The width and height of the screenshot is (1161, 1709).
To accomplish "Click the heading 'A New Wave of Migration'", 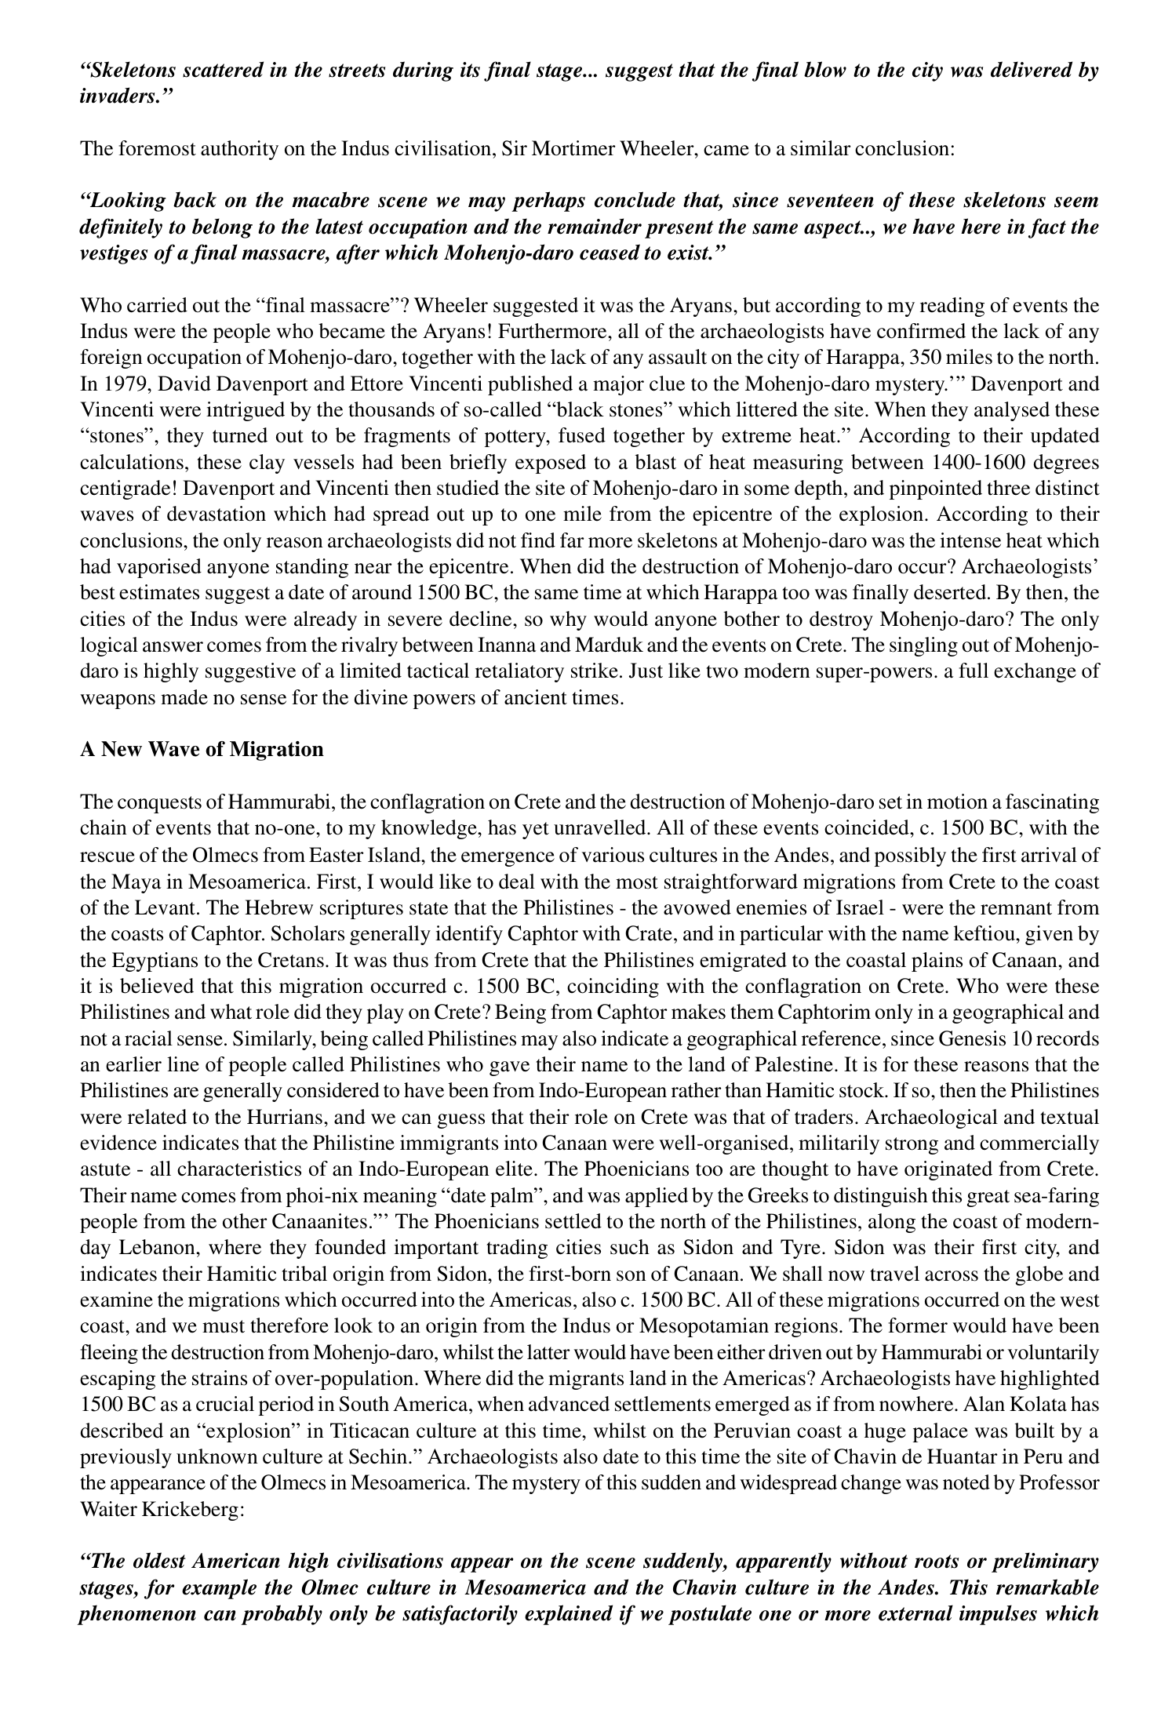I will click(x=202, y=750).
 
